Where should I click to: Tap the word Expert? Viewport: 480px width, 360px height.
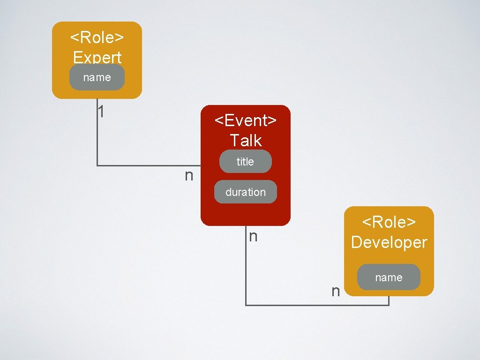point(97,57)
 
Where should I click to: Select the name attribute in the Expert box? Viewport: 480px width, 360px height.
point(97,77)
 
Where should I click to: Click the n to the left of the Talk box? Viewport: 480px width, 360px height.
point(188,176)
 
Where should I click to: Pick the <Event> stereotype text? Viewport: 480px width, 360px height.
point(245,120)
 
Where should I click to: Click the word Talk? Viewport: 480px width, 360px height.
point(245,140)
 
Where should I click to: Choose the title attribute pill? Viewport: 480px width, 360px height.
point(245,162)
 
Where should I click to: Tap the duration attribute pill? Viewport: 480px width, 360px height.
point(245,192)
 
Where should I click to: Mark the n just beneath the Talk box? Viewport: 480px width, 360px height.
point(253,236)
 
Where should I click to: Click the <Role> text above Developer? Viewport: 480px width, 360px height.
point(389,222)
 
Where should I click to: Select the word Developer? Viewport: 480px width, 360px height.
point(389,242)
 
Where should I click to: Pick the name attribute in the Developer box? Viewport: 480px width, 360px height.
point(389,277)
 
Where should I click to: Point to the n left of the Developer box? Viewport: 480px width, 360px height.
point(335,292)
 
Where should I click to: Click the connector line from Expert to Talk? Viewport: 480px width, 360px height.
point(141,165)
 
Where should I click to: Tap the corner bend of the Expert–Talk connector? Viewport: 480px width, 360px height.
point(97,165)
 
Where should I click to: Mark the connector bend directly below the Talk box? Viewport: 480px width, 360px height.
point(246,305)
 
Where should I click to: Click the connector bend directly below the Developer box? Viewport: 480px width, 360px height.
point(389,305)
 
